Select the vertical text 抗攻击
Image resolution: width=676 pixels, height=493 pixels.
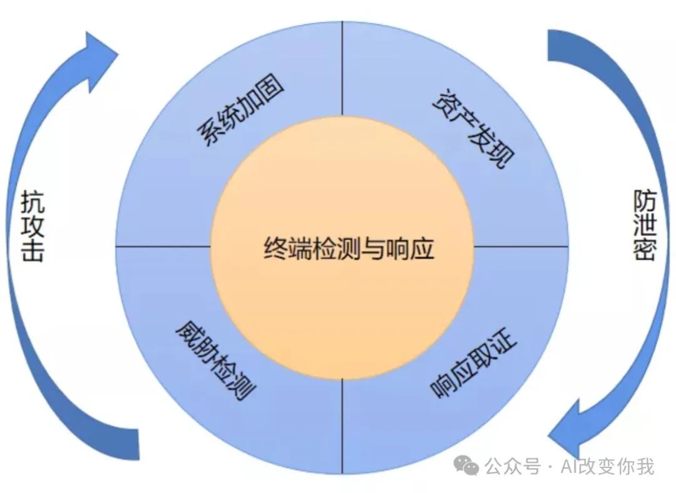[32, 226]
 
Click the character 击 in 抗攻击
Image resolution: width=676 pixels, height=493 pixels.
[32, 251]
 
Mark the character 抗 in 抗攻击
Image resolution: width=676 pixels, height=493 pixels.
[32, 202]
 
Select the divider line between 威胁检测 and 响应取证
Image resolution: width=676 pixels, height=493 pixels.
[342, 426]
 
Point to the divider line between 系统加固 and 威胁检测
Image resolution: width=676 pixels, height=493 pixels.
[163, 246]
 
